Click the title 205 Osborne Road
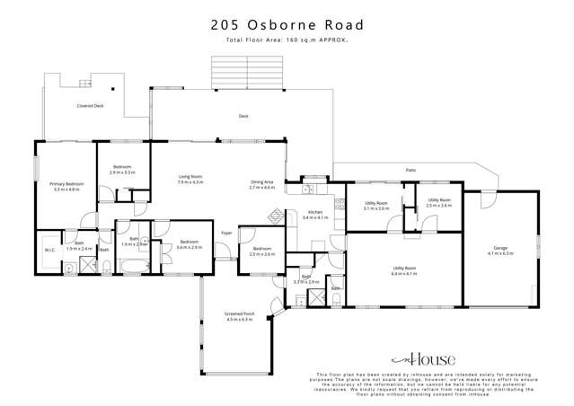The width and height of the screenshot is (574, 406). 287,26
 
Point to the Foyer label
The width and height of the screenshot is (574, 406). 226,234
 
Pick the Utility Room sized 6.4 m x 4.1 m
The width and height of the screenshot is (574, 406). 403,270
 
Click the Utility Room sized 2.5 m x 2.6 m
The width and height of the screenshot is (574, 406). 438,202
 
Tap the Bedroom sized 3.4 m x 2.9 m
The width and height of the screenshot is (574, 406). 189,243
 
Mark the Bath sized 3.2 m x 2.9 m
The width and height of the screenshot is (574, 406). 305,279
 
